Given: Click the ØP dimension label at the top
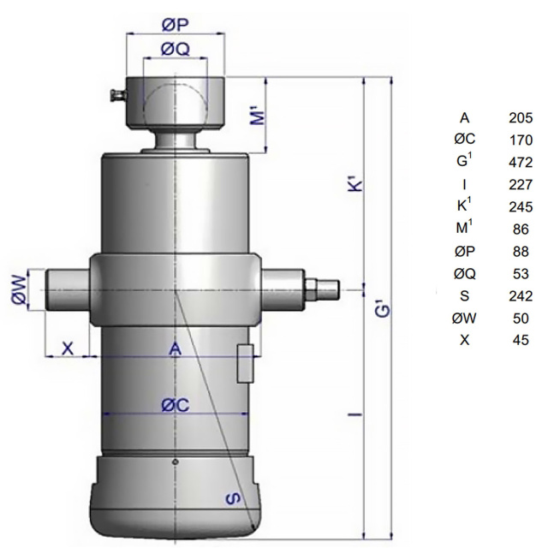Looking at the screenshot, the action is [175, 25].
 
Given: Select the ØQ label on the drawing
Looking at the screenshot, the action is [175, 49].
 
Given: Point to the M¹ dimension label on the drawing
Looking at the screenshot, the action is [259, 117].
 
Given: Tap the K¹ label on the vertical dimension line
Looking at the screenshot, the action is [356, 185].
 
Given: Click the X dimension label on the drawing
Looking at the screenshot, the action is [68, 348].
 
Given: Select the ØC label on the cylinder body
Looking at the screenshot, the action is [175, 405].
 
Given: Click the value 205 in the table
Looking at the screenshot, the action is [521, 118].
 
